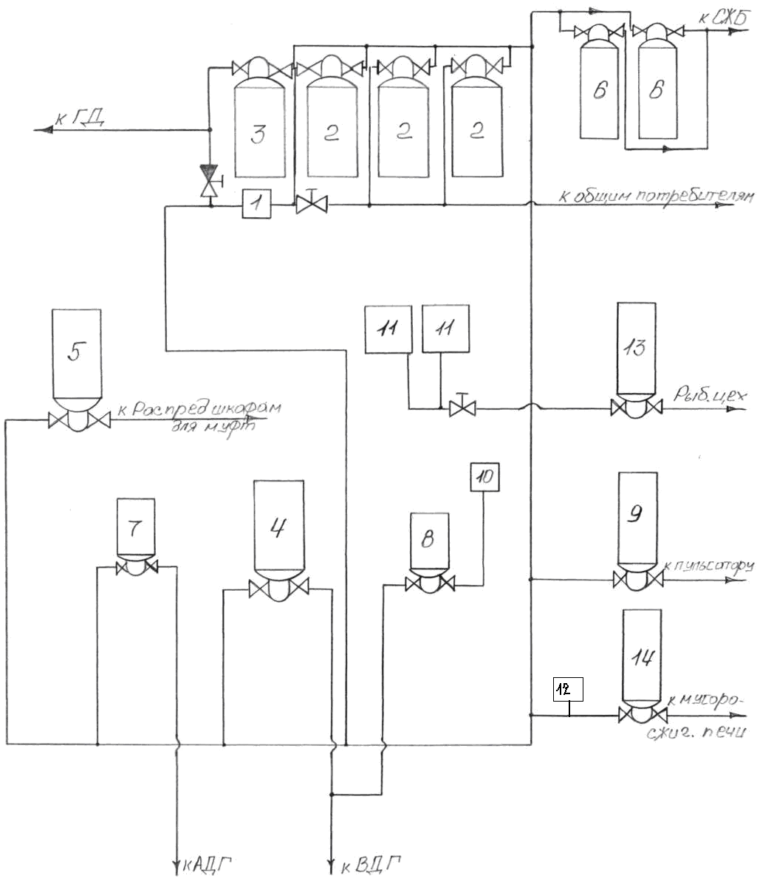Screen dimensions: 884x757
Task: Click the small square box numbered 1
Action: pyautogui.click(x=257, y=203)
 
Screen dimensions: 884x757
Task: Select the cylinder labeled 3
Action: pyautogui.click(x=258, y=133)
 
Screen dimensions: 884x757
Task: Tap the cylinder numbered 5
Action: pyautogui.click(x=77, y=354)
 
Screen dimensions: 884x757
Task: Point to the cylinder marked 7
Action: pyautogui.click(x=136, y=527)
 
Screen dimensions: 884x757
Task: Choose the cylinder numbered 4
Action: pyautogui.click(x=278, y=526)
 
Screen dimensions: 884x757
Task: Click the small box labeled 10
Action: pyautogui.click(x=484, y=476)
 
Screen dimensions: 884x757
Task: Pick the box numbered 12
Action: pyautogui.click(x=568, y=689)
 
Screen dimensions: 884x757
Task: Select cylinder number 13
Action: pyautogui.click(x=636, y=347)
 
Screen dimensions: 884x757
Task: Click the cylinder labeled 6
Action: pyautogui.click(x=599, y=90)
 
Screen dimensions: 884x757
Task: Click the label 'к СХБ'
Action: pyautogui.click(x=721, y=18)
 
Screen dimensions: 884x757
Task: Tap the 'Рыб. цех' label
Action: pyautogui.click(x=710, y=397)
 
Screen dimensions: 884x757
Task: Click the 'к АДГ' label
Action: pyautogui.click(x=212, y=863)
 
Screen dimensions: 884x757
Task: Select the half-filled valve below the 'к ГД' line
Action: pyautogui.click(x=210, y=180)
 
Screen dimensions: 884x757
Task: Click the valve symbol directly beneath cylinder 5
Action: pyautogui.click(x=79, y=421)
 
